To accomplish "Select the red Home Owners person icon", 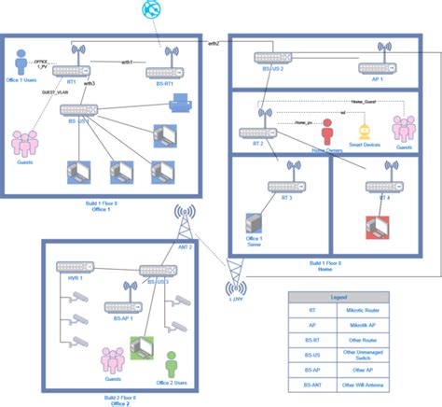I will [x=326, y=128].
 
